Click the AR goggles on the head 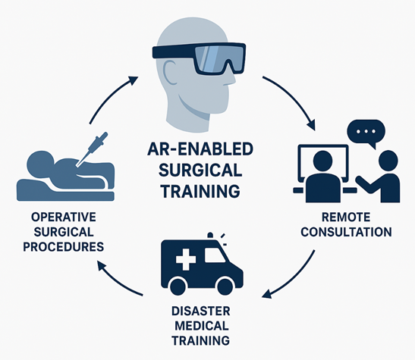click(199, 57)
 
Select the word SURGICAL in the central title click(200, 170)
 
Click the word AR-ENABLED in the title click(200, 149)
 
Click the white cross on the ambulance click(186, 258)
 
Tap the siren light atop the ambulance click(210, 236)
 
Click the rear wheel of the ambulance click(179, 286)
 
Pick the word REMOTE click(346, 218)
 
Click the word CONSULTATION click(346, 232)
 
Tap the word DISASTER click(201, 311)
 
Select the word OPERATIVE click(64, 218)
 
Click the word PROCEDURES click(64, 247)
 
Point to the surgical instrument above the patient click(92, 149)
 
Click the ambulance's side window click(214, 255)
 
